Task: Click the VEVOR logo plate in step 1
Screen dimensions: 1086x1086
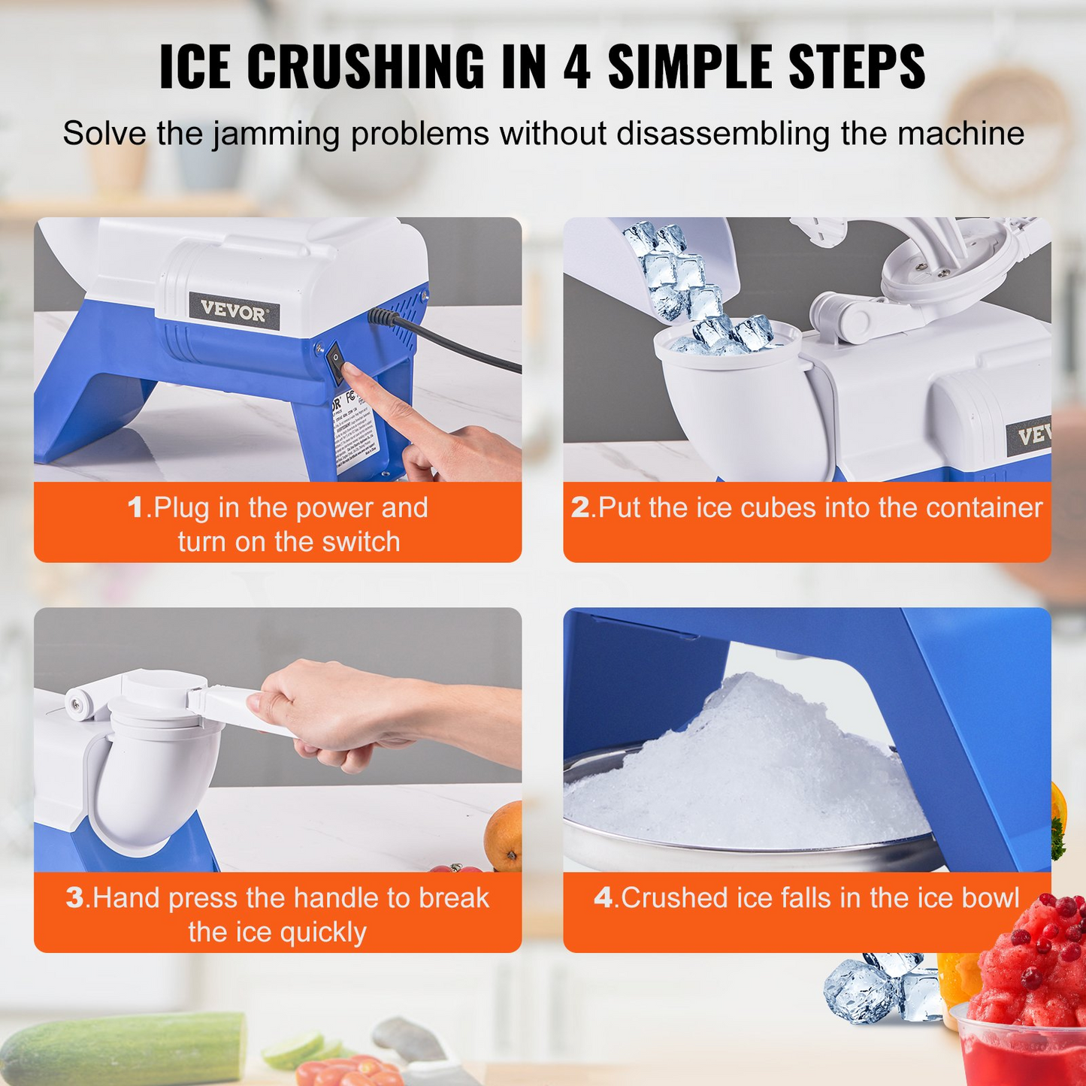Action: pos(234,311)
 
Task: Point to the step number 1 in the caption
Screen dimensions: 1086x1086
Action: pos(135,508)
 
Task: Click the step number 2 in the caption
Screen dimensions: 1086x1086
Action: pos(580,508)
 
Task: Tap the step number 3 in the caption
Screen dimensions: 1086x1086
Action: pos(74,898)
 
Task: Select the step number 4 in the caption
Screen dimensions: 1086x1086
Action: pos(604,898)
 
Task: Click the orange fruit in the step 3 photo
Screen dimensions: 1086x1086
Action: pos(504,835)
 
